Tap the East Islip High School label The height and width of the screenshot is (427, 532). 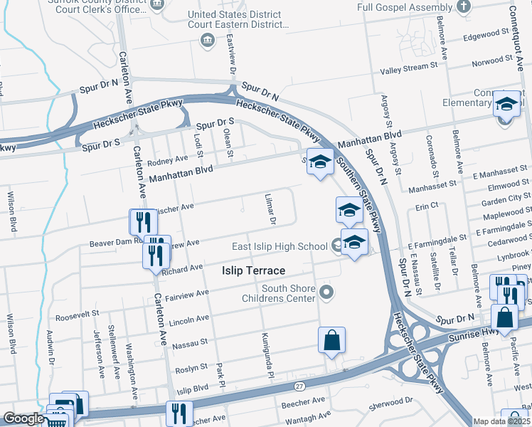pos(280,246)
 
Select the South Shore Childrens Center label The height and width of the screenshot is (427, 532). pos(278,293)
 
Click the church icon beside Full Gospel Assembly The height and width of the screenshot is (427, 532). pos(464,7)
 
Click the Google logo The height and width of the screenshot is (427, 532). pos(23,418)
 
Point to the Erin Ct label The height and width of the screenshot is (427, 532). pos(427,206)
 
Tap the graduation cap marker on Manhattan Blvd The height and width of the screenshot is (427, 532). pos(320,162)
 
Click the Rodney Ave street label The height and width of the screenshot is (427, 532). pos(167,159)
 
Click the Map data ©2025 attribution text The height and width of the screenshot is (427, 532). pos(501,421)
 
